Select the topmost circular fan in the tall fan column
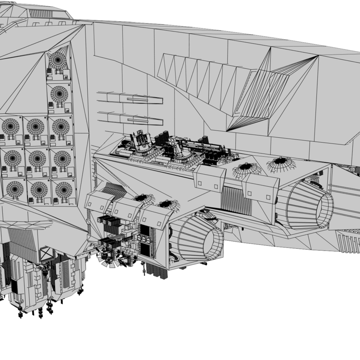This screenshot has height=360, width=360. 58,61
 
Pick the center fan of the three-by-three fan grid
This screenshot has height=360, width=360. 37,158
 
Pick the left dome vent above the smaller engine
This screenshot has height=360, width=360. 143,198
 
